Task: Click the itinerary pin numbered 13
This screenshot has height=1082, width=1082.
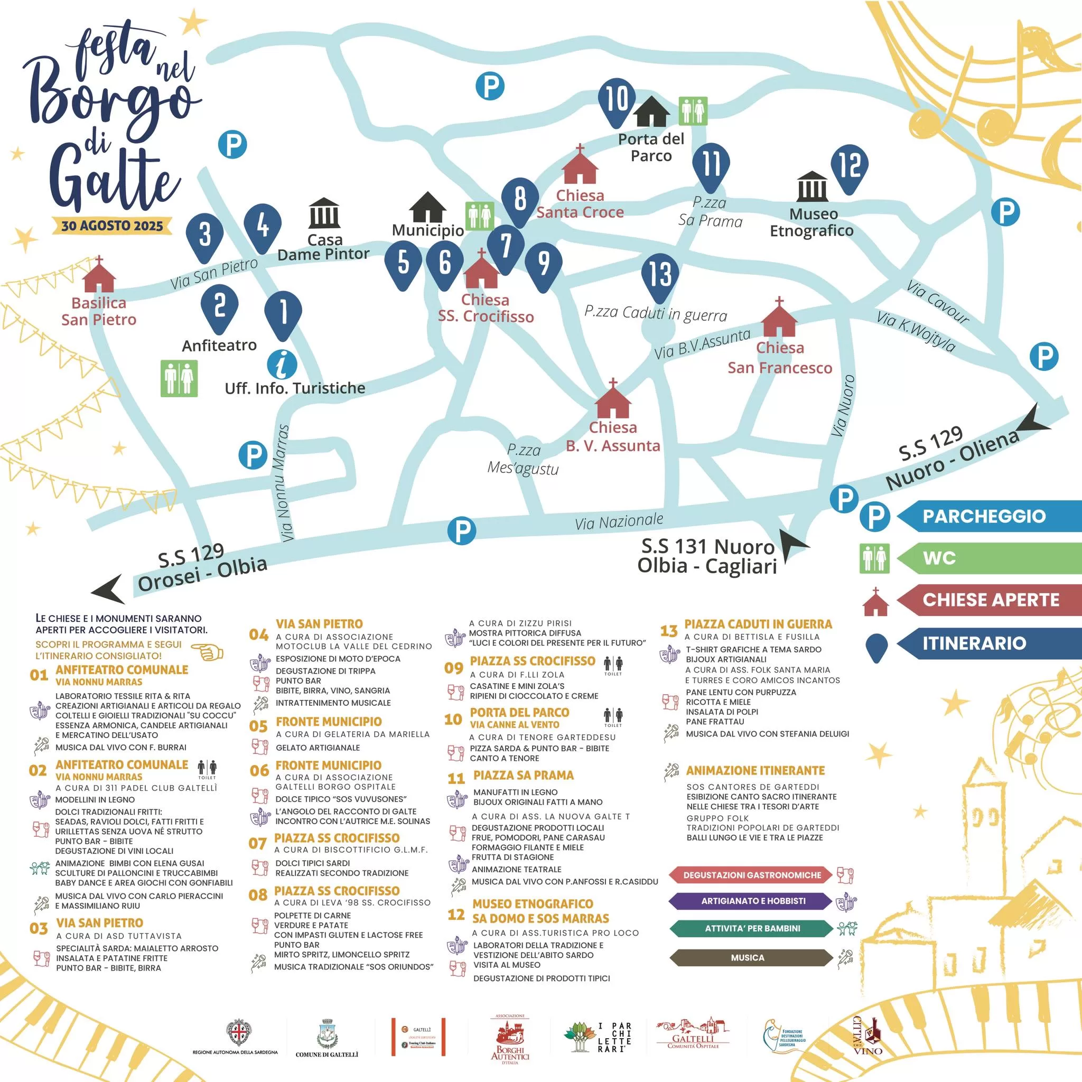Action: tap(660, 274)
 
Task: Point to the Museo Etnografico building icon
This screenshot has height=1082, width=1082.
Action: tap(811, 186)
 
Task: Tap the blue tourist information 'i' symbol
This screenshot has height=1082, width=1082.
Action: tap(282, 365)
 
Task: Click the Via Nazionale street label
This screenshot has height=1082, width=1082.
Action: tap(619, 521)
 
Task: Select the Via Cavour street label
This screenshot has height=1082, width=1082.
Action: tap(938, 302)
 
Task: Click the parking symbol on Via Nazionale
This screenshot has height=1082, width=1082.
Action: tap(462, 530)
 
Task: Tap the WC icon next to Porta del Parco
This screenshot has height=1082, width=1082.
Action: tap(693, 111)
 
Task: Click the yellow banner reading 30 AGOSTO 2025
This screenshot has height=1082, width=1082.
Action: tap(112, 226)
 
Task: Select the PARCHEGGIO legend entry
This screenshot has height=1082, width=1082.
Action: tap(983, 516)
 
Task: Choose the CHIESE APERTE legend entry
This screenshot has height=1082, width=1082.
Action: tap(990, 600)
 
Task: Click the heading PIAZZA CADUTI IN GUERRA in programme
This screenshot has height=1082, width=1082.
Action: tap(758, 624)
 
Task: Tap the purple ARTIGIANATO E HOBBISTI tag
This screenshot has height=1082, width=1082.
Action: tap(753, 901)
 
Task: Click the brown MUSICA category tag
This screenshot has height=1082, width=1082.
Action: tap(747, 958)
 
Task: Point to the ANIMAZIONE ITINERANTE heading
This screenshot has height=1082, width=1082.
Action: tap(755, 771)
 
